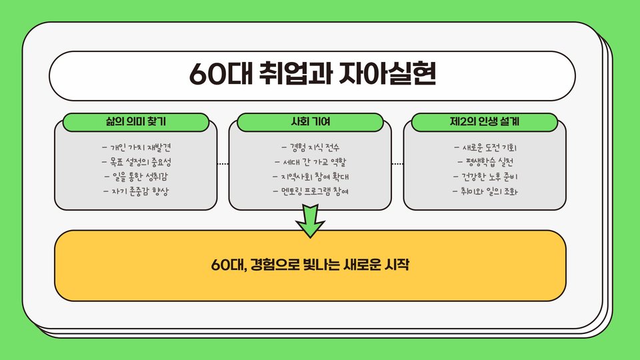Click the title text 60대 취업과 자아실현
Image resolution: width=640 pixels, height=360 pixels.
(x=312, y=74)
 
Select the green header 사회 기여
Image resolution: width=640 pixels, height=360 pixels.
(x=311, y=122)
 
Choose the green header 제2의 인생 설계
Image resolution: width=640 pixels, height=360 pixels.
(x=485, y=122)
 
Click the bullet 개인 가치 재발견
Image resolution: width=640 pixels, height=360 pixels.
(x=136, y=147)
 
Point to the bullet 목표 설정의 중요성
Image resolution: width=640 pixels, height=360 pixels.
(x=136, y=162)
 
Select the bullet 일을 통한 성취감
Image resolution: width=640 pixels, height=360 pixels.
(x=136, y=177)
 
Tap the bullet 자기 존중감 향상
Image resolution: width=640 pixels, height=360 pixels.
(x=136, y=191)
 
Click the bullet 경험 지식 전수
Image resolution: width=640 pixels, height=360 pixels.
(x=311, y=147)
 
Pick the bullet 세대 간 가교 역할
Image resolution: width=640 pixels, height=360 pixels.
(x=311, y=162)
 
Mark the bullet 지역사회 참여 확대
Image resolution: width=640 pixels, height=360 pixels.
(x=311, y=177)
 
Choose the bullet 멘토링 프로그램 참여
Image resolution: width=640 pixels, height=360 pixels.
(x=311, y=191)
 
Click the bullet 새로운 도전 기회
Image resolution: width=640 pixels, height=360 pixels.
(x=485, y=147)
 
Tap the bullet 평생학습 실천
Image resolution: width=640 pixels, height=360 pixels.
(x=485, y=162)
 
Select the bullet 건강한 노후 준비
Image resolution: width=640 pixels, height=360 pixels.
(x=485, y=177)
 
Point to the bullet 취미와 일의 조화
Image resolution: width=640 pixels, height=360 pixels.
(x=485, y=191)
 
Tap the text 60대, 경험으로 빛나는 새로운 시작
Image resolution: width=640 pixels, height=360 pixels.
(x=310, y=265)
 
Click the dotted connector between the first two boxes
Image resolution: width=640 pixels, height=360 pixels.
(x=223, y=163)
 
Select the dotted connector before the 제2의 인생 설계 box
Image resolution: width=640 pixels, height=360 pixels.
(x=398, y=163)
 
